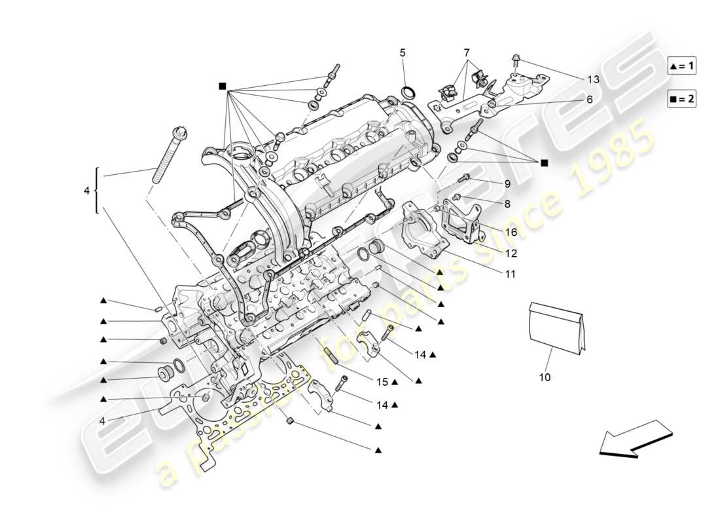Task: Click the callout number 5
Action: (x=403, y=52)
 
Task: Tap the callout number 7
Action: (x=467, y=52)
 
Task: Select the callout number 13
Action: (x=593, y=79)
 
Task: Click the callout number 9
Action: (x=507, y=184)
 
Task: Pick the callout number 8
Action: (x=507, y=204)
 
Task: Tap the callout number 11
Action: (x=510, y=274)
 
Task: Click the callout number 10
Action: (x=545, y=377)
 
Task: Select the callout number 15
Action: (x=382, y=381)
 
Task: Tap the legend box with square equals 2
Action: (x=682, y=100)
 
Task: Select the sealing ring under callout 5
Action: (x=408, y=91)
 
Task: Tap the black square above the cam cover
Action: (x=223, y=86)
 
